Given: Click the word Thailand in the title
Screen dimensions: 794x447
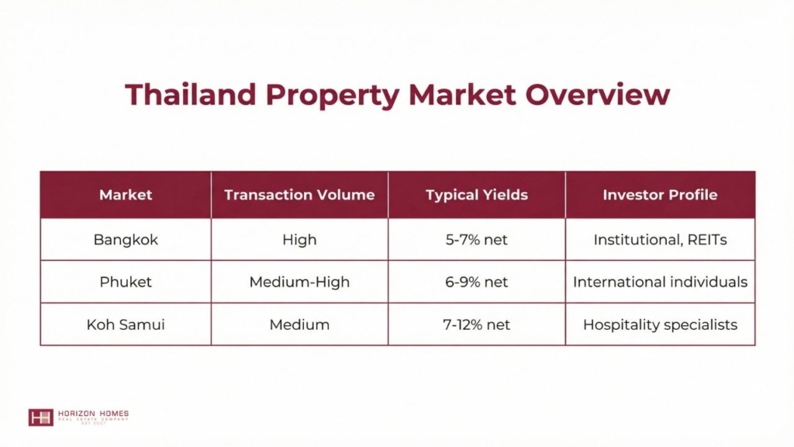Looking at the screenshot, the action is click(x=191, y=94).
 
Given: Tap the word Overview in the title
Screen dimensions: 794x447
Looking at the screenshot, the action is click(x=598, y=94).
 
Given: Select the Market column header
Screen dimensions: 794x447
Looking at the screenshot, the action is click(x=126, y=195).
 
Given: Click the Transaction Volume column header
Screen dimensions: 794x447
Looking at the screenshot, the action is click(x=299, y=195).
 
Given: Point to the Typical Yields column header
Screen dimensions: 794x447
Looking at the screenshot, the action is click(x=477, y=196).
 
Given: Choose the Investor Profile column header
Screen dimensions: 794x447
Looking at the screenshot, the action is click(x=660, y=195).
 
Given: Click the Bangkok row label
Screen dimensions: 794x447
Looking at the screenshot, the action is click(x=126, y=240).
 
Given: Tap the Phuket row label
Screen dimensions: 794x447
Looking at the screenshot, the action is click(x=126, y=282).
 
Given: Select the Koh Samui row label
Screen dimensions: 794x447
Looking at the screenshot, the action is click(x=126, y=324).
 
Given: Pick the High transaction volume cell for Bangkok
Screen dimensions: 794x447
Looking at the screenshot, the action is click(x=299, y=240).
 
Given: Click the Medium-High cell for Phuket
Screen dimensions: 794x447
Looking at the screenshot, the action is click(x=299, y=282).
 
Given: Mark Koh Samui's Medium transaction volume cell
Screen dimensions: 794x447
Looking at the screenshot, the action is click(x=299, y=324).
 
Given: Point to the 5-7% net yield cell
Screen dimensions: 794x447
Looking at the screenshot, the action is click(x=477, y=240).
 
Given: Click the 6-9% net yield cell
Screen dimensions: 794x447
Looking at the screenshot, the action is click(x=477, y=282).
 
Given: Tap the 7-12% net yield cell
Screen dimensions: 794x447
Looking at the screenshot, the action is click(x=477, y=324).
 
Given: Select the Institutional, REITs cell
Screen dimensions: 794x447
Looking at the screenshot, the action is click(x=660, y=240).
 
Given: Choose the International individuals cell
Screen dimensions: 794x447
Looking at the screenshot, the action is click(x=660, y=282).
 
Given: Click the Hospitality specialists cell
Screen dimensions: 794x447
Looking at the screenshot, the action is click(x=660, y=325).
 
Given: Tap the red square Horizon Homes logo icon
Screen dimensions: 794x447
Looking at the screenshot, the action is click(x=40, y=417).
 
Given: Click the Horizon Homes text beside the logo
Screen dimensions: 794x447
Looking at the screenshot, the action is click(x=93, y=414).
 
